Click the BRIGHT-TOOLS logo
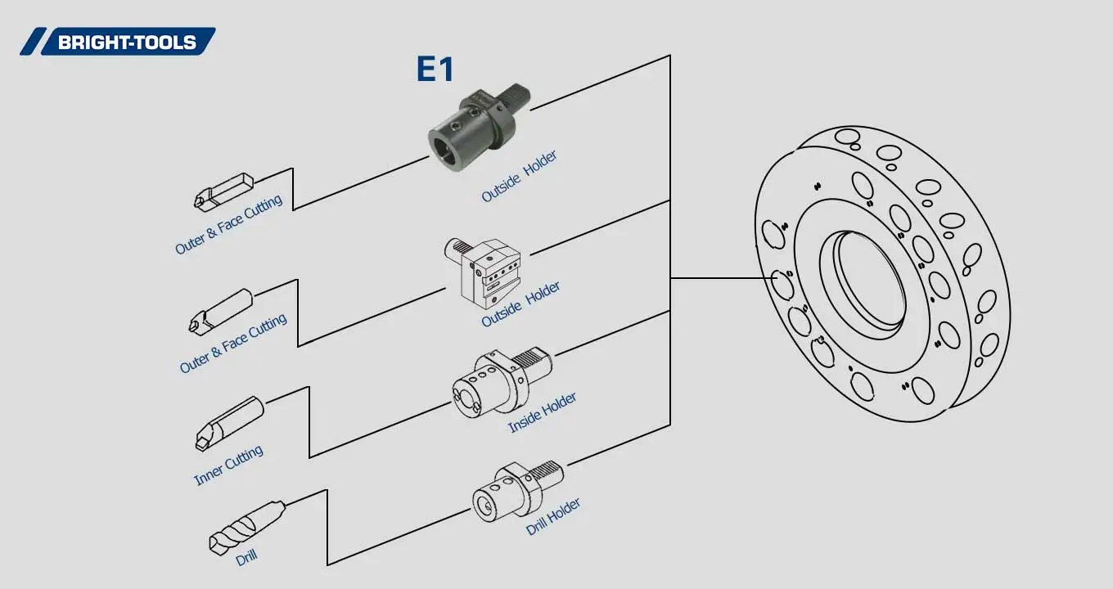118,42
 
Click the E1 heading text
435,70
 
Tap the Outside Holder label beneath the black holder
519,177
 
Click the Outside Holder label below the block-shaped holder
520,304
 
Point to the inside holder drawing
500,380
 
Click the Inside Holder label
542,412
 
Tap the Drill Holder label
553,516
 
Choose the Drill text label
246,558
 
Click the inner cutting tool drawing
230,422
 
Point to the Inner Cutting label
228,465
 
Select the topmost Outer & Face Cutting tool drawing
224,189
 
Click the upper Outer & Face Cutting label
228,224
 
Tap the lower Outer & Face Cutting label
233,344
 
